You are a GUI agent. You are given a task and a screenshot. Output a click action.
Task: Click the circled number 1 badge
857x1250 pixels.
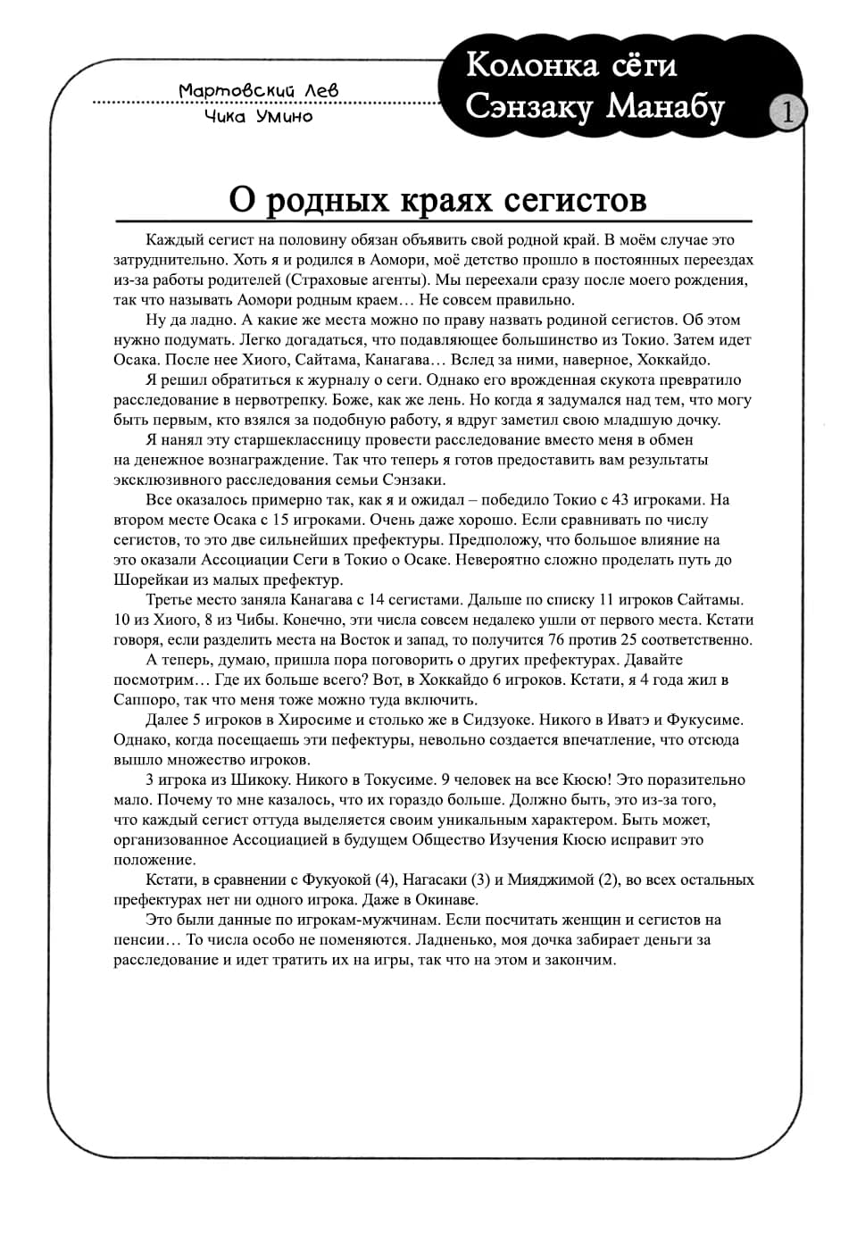(787, 112)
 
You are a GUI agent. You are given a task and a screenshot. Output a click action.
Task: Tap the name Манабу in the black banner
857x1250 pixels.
(666, 106)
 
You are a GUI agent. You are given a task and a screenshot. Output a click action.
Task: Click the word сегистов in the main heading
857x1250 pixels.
(575, 198)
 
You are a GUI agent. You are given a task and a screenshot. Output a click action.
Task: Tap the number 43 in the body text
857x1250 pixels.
(622, 500)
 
